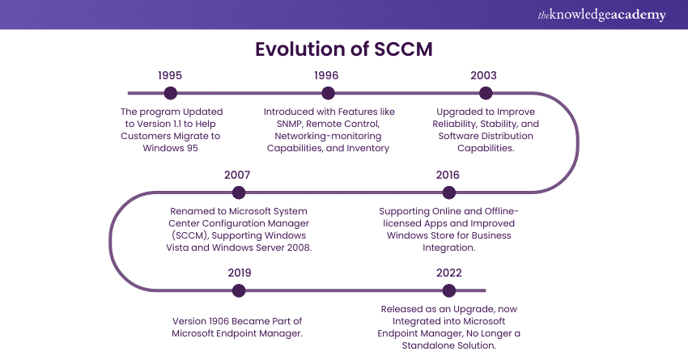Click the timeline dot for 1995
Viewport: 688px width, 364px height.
(x=170, y=93)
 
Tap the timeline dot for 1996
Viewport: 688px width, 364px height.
(x=328, y=93)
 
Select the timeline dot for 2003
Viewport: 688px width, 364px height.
(x=486, y=93)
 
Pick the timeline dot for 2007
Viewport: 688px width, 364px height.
(x=239, y=193)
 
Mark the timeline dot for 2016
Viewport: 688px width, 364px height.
(x=449, y=193)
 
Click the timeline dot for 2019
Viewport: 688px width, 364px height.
(x=239, y=290)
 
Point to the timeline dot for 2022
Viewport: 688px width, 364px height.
(x=449, y=290)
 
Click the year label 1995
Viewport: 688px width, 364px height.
(x=170, y=75)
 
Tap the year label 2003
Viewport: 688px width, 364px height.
(x=483, y=75)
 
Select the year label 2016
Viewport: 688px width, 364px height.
(x=448, y=175)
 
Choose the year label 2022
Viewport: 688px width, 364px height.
(x=449, y=273)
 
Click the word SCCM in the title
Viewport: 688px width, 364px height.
(x=403, y=49)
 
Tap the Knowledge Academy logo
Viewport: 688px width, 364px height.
(x=601, y=15)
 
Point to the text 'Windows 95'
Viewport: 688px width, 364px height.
(x=170, y=148)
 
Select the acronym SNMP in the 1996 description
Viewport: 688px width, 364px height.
(x=290, y=124)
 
